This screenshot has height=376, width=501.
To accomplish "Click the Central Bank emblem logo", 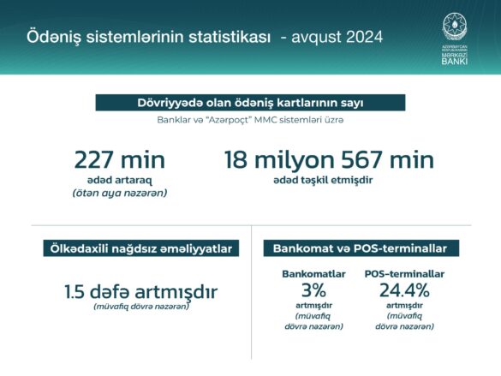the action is (455, 27).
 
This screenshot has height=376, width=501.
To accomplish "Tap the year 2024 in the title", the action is (364, 37).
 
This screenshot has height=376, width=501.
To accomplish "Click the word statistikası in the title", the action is (230, 37).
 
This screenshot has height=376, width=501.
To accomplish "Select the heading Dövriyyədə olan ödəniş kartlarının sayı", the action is (250, 103).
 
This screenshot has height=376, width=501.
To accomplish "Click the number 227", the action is (92, 159).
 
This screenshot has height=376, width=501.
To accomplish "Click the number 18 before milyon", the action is (236, 159).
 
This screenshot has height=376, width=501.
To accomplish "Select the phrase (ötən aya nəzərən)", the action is (120, 194).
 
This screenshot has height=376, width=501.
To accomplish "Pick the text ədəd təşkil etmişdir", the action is (323, 180).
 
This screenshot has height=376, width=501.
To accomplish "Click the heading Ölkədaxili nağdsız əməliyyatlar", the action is (141, 248).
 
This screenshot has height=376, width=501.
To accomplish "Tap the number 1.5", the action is (75, 292).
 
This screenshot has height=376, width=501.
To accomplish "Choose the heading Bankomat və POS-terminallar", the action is (360, 248).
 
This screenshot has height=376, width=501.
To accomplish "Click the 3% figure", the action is (313, 290).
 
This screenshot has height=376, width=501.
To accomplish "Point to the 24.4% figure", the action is (404, 290).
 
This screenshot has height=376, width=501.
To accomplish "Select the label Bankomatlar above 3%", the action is (313, 274).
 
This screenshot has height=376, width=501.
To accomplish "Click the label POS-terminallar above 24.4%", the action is (404, 274).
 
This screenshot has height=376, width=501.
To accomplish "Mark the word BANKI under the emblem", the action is (455, 61).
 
